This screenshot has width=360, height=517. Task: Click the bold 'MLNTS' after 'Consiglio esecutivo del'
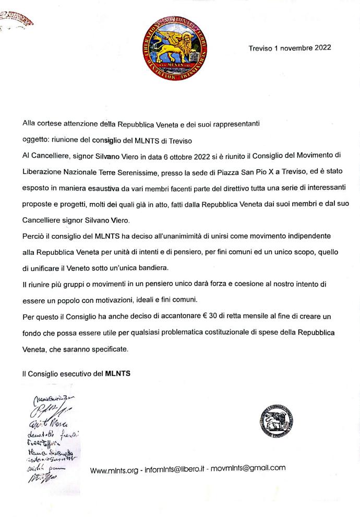click(117, 373)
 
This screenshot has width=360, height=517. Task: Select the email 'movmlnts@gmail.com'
click(253, 468)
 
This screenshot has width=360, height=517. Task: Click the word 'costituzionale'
click(230, 332)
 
